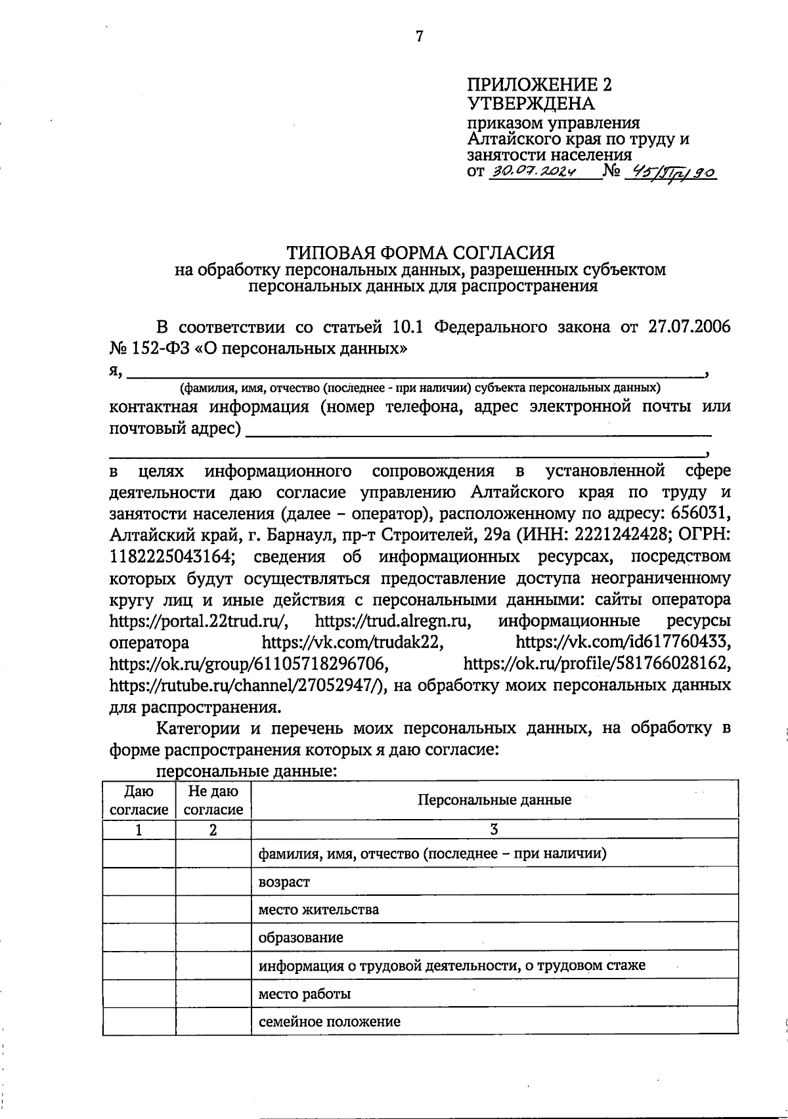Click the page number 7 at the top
(x=420, y=37)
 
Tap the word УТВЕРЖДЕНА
(x=531, y=104)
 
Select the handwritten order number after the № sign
(x=670, y=173)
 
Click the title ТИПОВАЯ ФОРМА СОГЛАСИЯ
(x=420, y=253)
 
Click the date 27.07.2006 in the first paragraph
(x=689, y=326)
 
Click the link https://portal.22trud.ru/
(x=198, y=620)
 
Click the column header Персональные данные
(x=494, y=799)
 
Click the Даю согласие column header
(x=139, y=801)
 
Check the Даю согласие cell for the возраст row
(x=139, y=882)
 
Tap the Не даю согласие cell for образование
(x=213, y=937)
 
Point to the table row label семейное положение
(x=329, y=1021)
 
